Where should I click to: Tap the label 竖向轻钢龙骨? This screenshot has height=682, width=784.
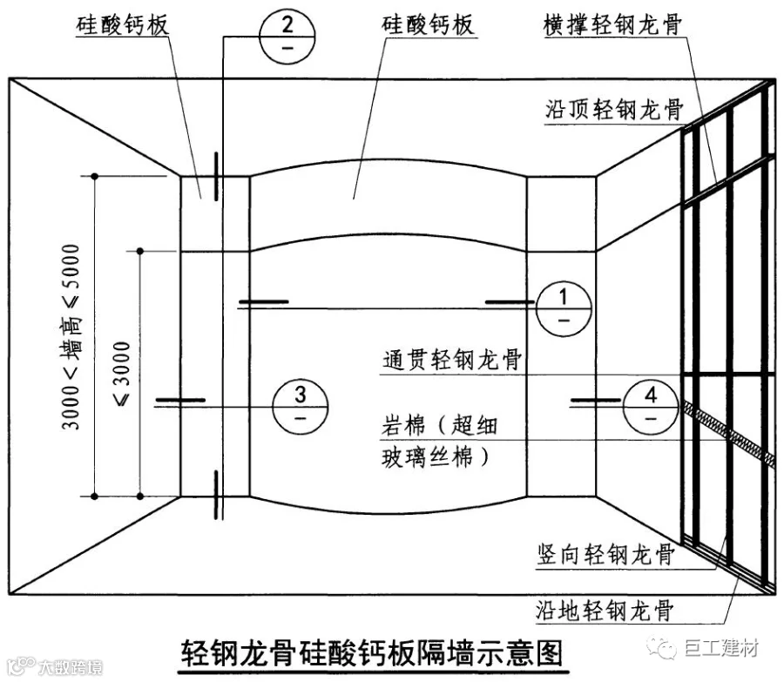point(605,555)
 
